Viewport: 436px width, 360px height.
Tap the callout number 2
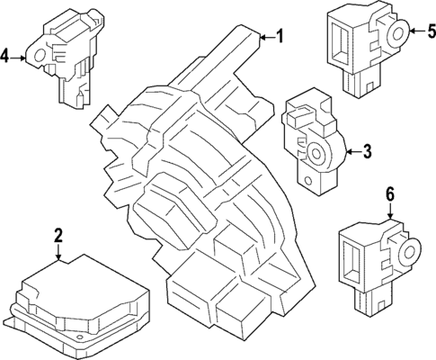click(58, 237)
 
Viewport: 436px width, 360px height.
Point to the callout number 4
click(6, 58)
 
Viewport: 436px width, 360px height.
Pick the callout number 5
click(430, 33)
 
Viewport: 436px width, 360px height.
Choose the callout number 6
click(389, 193)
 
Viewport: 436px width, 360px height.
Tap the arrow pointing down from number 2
click(58, 253)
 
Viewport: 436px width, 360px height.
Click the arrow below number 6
click(389, 211)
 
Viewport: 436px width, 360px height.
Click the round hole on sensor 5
click(395, 35)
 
